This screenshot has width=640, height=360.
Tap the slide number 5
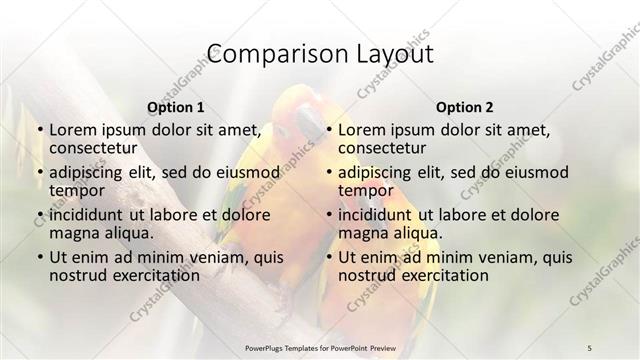pos(590,347)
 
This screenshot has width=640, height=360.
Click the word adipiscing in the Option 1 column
pos(89,172)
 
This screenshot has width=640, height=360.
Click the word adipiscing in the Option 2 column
pos(378,172)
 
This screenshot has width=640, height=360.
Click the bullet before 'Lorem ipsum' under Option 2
pos(328,131)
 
